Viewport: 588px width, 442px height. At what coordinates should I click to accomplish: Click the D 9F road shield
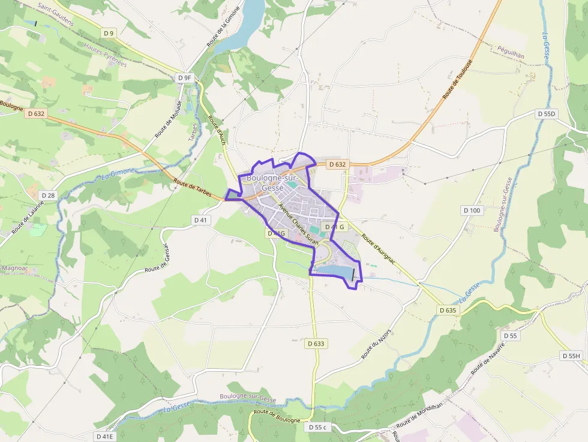click(x=185, y=77)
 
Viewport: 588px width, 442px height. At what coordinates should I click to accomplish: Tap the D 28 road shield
click(x=48, y=196)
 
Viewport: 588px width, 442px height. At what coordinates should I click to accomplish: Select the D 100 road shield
click(x=472, y=210)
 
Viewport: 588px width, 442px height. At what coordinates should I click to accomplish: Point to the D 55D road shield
click(x=547, y=113)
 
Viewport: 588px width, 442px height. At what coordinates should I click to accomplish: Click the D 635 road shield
click(x=448, y=310)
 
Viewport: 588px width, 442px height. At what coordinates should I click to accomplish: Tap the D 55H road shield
click(x=571, y=356)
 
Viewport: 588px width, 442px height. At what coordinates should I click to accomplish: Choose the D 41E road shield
click(x=105, y=436)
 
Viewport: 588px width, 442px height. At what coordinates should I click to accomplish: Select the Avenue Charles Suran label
click(x=297, y=222)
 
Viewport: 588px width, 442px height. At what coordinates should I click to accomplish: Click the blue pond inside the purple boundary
click(x=334, y=272)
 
